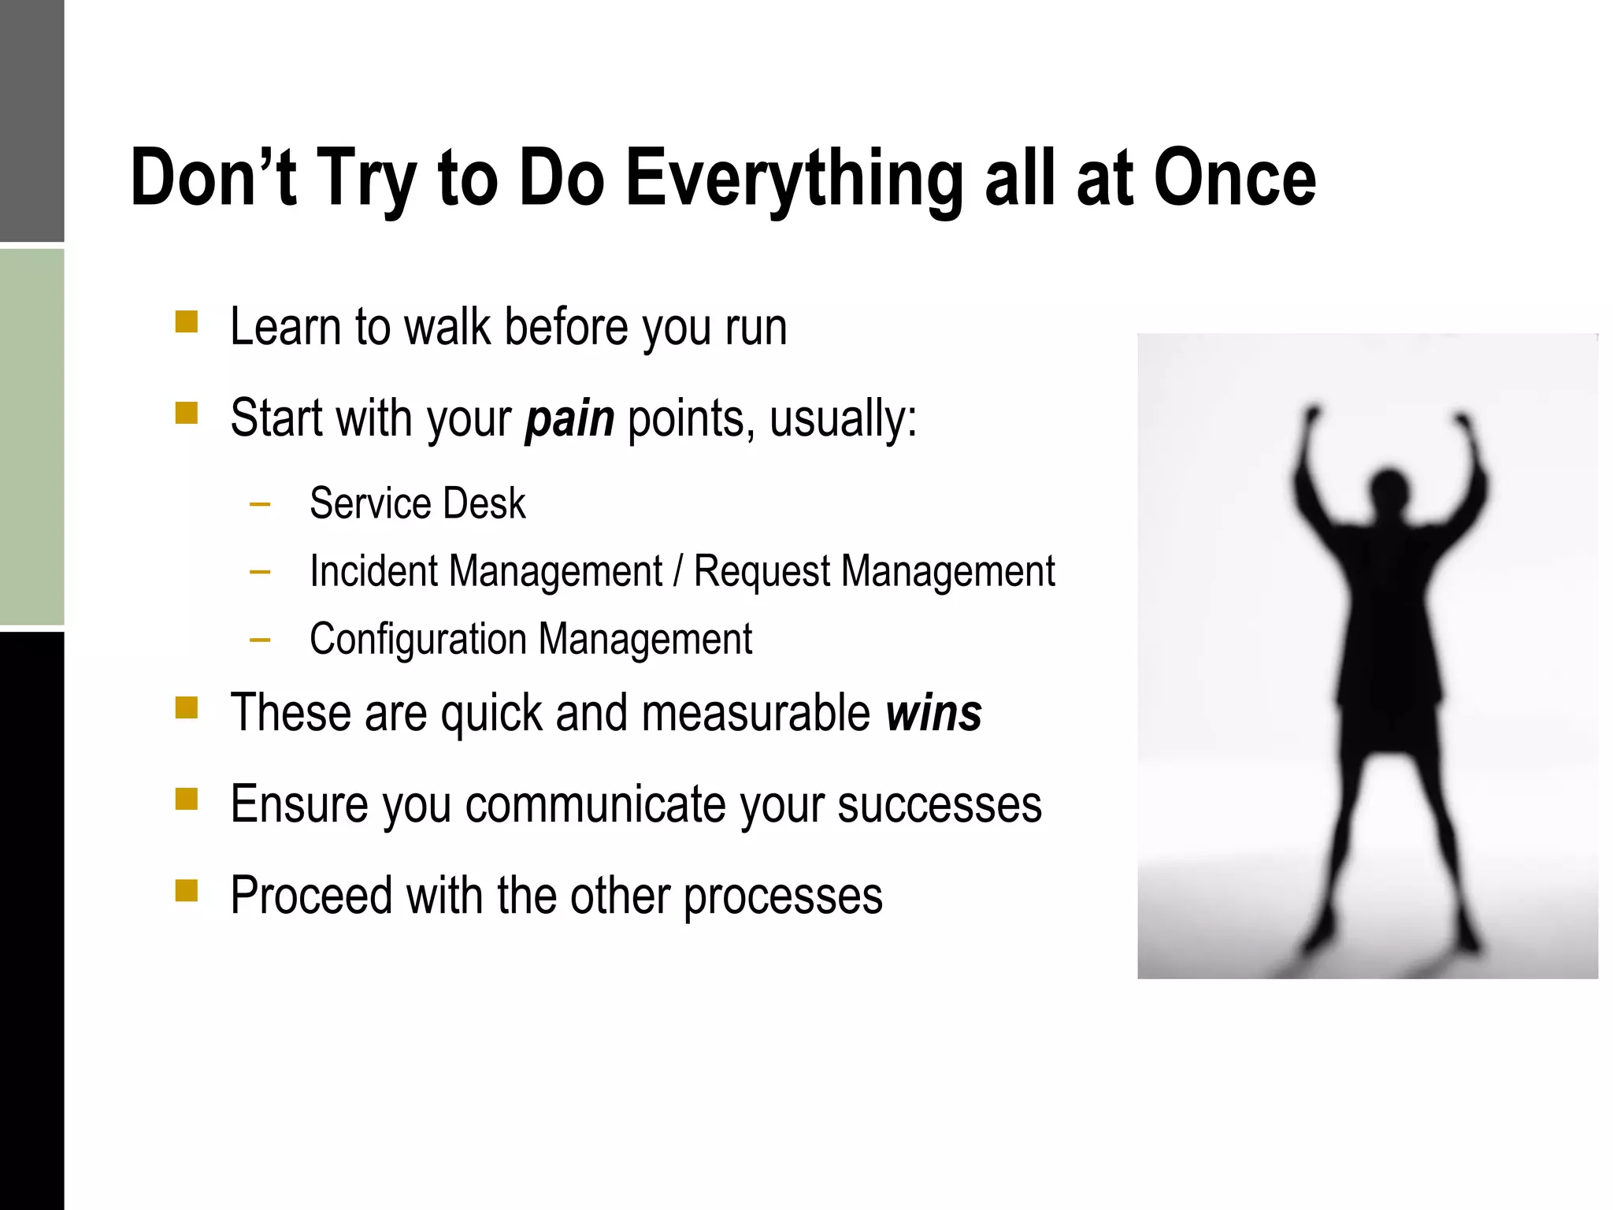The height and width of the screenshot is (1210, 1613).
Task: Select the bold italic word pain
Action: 569,418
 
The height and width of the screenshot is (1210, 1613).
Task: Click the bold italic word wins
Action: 933,713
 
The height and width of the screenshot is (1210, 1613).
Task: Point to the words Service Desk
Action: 417,503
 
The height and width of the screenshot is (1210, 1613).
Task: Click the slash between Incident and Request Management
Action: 677,571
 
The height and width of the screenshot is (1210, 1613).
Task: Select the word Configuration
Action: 417,639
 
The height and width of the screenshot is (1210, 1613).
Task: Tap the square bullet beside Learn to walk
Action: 187,322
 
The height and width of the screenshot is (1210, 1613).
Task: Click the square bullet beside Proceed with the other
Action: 187,890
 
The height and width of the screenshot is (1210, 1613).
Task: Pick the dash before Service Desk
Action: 259,504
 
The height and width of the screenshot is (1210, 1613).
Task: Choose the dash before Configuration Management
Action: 259,640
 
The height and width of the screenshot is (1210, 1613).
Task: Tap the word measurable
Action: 755,713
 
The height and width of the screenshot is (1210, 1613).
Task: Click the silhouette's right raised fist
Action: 1462,421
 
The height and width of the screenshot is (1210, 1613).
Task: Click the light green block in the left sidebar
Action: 32,436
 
